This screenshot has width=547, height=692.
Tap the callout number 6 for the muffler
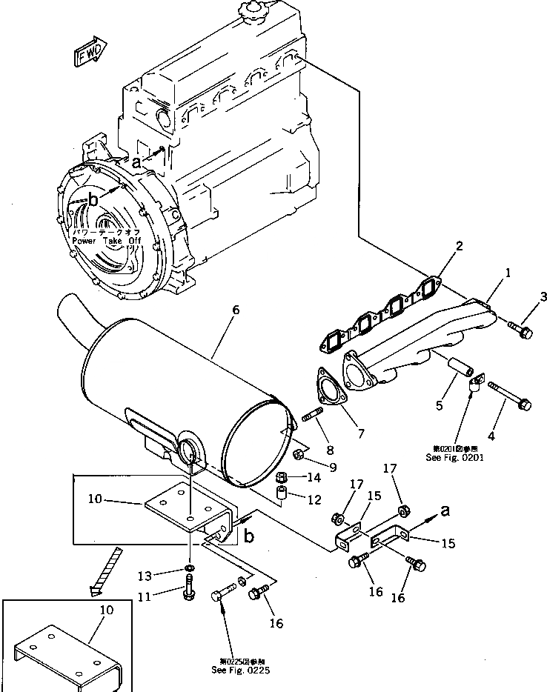coord(235,310)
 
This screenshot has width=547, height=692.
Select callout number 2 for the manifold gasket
coord(460,246)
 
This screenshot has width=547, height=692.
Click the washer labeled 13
coord(190,569)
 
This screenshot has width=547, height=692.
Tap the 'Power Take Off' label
coord(105,241)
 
